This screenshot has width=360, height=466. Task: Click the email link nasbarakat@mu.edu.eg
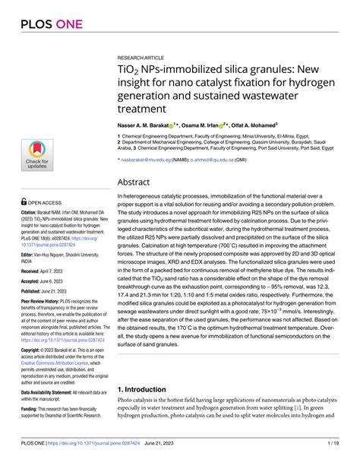[x=149, y=161]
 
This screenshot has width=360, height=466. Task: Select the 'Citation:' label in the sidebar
[x=30, y=214]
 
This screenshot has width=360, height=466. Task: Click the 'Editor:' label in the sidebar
[x=28, y=255]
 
